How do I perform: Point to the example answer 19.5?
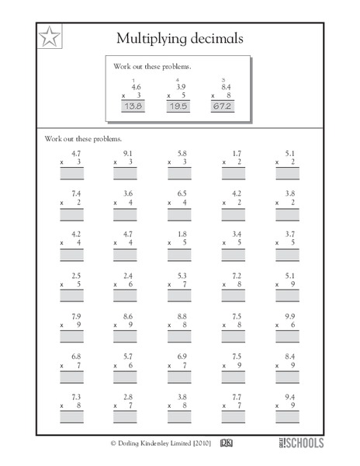pyautogui.click(x=178, y=106)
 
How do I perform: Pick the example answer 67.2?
pyautogui.click(x=223, y=106)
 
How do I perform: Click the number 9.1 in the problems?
pyautogui.click(x=128, y=154)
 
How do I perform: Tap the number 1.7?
pyautogui.click(x=236, y=154)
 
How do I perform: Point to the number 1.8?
pyautogui.click(x=182, y=233)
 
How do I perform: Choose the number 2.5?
pyautogui.click(x=75, y=274)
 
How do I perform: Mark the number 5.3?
pyautogui.click(x=182, y=274)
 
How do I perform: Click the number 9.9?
pyautogui.click(x=289, y=316)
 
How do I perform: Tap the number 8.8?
pyautogui.click(x=182, y=316)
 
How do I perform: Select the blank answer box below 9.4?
pyautogui.click(x=286, y=417)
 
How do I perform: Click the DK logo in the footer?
pyautogui.click(x=227, y=443)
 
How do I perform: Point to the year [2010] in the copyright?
pyautogui.click(x=196, y=444)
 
